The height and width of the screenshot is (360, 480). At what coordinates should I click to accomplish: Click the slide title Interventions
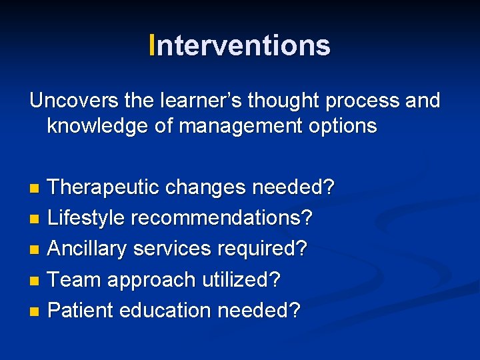240,46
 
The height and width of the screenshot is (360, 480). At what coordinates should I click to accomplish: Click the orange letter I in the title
153,46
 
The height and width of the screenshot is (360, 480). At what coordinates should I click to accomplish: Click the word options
341,125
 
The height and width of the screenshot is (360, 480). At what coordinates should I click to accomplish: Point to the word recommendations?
222,218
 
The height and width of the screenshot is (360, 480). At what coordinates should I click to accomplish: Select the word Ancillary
88,249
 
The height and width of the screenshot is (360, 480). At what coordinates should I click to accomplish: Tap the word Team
74,279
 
